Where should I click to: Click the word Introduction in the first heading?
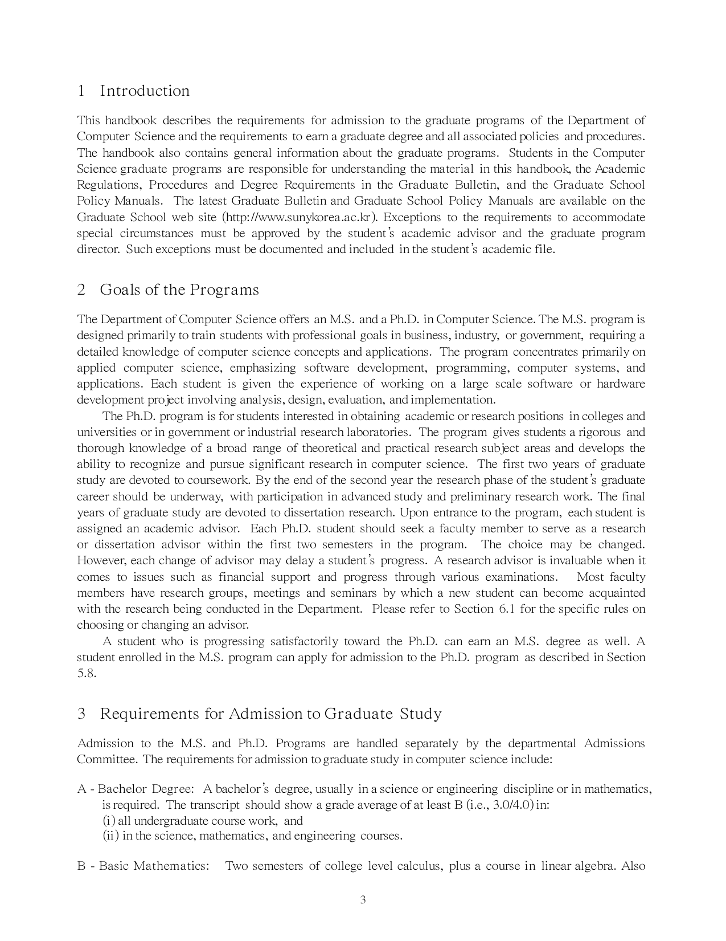[x=145, y=91]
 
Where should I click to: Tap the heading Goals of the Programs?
[x=179, y=290]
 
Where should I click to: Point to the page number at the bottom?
[x=363, y=901]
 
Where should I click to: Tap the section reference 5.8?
[x=86, y=673]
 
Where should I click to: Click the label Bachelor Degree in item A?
[x=146, y=789]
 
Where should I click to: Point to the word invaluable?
[x=576, y=561]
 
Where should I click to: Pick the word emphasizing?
[x=262, y=368]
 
